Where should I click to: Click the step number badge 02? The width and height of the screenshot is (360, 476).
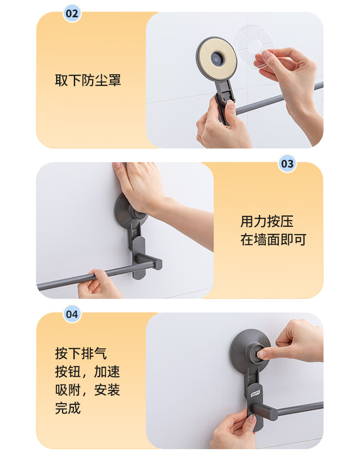tap(72, 14)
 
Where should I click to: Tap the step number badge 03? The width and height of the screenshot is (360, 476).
tap(287, 164)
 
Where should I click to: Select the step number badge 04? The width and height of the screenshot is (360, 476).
tap(72, 314)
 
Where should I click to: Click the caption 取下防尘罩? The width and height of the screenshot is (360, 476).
tap(88, 81)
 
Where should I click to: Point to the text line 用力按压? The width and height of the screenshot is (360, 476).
tap(267, 221)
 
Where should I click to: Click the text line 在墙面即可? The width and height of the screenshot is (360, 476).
tap(273, 240)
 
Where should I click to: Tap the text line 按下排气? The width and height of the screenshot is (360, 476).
tap(81, 353)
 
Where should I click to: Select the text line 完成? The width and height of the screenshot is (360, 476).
tap(68, 408)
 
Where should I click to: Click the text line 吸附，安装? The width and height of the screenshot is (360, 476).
tap(87, 390)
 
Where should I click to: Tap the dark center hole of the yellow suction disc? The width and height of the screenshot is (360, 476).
tap(217, 58)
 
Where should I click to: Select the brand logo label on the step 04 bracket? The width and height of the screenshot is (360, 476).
tap(256, 393)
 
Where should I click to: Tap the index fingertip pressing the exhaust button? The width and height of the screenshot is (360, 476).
tap(262, 353)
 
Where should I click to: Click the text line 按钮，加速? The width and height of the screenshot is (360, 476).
tap(87, 372)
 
